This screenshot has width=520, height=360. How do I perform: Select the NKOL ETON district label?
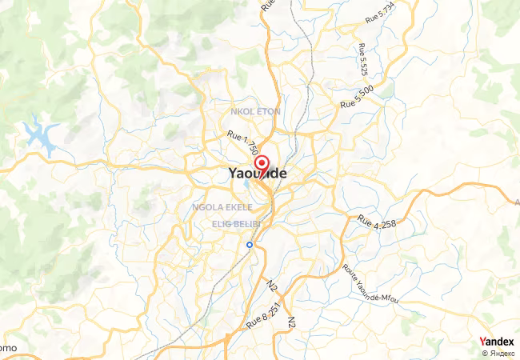point(254,111)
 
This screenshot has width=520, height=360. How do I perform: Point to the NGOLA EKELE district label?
point(222,206)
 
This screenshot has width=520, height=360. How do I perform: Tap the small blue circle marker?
point(250,245)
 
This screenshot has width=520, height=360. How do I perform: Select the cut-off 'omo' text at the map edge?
point(8,348)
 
